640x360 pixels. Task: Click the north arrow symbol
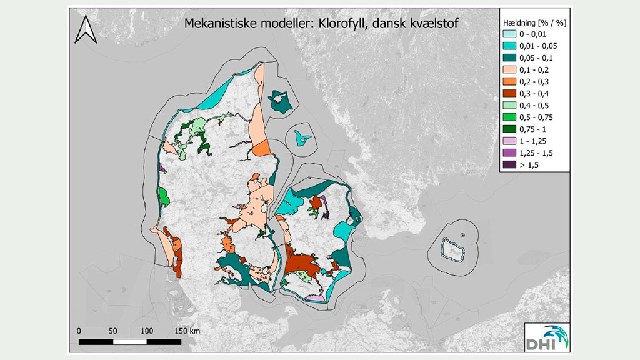click(x=84, y=29)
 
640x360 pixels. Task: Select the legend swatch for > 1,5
click(x=510, y=164)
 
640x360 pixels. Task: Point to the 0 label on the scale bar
click(x=79, y=330)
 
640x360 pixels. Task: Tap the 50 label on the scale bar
click(x=113, y=330)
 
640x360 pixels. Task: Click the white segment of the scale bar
click(x=130, y=342)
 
